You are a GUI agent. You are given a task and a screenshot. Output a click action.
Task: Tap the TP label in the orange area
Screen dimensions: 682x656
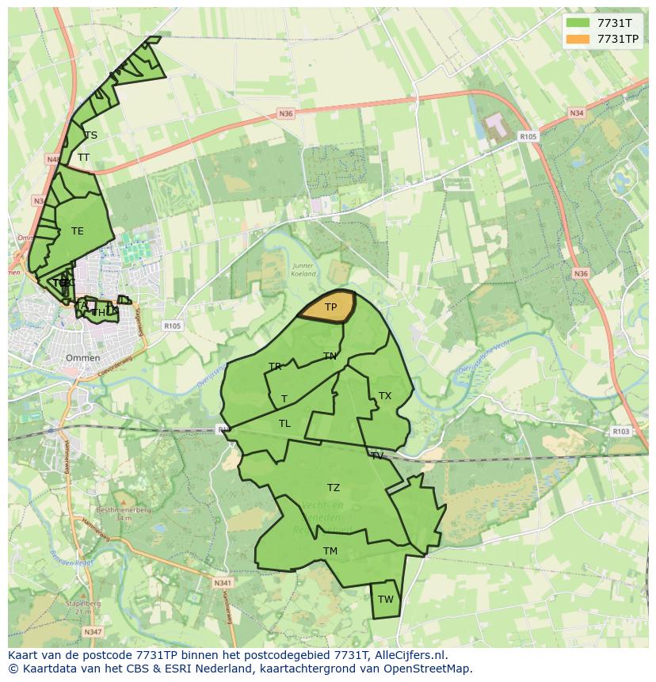(x=331, y=307)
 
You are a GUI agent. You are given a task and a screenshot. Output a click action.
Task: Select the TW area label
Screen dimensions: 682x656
(x=385, y=600)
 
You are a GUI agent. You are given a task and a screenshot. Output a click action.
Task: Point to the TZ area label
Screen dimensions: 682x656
(x=334, y=488)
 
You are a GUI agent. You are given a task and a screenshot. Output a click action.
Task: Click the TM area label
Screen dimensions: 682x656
(x=330, y=551)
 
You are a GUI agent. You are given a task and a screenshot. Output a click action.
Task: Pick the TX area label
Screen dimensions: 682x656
(x=385, y=396)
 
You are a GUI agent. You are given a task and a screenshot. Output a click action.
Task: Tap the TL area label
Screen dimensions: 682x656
(x=284, y=424)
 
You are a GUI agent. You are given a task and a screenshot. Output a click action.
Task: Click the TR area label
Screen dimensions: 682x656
(x=275, y=367)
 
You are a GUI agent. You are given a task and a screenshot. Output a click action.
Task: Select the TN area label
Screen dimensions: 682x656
(x=330, y=356)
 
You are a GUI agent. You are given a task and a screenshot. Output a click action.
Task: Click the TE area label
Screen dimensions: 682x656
(x=77, y=231)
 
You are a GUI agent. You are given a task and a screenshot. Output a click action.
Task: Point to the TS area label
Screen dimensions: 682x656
(x=91, y=135)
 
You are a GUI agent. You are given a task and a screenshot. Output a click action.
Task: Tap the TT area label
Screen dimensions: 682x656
(x=83, y=158)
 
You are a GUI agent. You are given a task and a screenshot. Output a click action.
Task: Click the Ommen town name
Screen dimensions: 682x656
(x=82, y=358)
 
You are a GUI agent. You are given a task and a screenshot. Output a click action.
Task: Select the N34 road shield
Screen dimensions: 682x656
(x=577, y=113)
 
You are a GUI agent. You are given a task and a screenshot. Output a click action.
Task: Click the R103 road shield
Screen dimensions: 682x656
(x=620, y=432)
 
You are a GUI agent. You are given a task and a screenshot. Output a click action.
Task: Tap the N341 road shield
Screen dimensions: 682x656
(x=223, y=583)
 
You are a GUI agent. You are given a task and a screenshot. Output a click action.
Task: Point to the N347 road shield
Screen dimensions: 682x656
(x=93, y=631)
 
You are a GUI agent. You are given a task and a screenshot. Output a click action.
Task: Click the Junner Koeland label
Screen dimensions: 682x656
(x=303, y=270)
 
